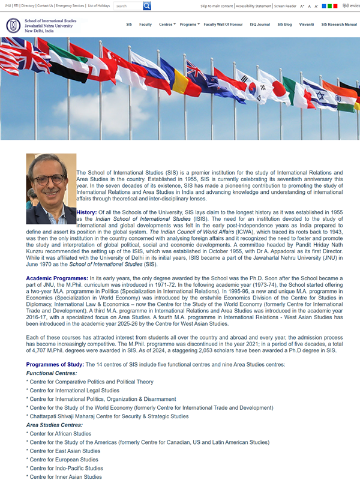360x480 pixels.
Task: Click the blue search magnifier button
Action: (x=147, y=6)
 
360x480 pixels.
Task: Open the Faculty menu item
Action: (x=145, y=25)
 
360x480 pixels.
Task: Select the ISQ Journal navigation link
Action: (x=260, y=25)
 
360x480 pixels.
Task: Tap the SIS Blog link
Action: (x=284, y=25)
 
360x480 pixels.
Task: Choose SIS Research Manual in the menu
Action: (x=339, y=25)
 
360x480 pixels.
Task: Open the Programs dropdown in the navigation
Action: (x=190, y=25)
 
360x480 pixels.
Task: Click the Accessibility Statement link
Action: (x=254, y=6)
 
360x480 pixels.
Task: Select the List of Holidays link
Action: (x=98, y=6)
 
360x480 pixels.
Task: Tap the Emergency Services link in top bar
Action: (x=70, y=6)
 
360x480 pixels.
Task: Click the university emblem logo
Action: (x=13, y=26)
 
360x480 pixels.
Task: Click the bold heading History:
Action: (x=86, y=212)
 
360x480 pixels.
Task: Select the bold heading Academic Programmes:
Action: (x=56, y=279)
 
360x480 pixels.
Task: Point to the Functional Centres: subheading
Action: (x=52, y=373)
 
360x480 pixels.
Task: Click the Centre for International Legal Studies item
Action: (x=74, y=391)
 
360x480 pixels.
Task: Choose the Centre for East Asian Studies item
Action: (x=65, y=451)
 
